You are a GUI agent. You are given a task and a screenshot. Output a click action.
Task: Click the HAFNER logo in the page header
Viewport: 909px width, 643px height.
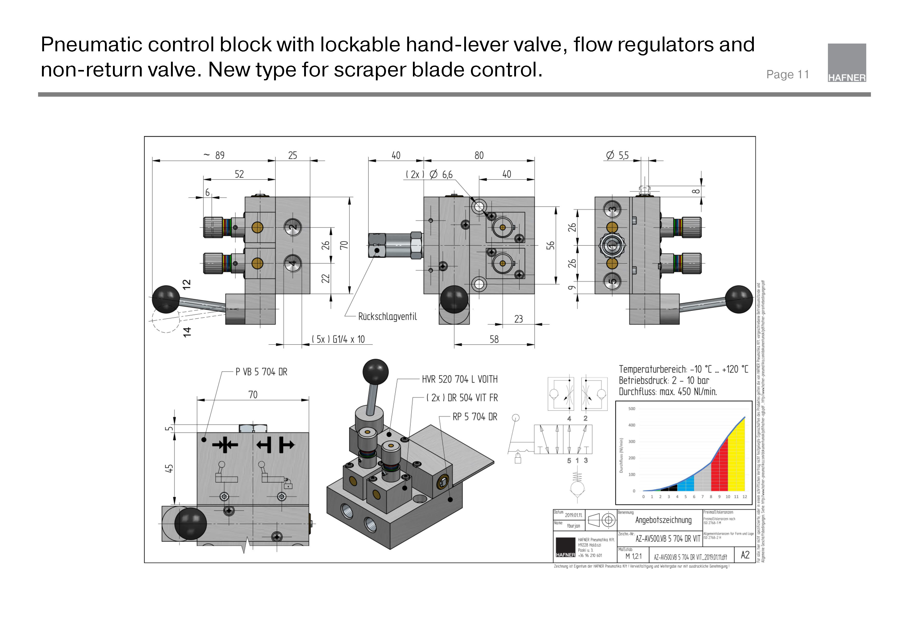click(847, 63)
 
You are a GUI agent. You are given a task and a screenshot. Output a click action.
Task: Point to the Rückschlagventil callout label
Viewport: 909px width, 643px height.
click(387, 316)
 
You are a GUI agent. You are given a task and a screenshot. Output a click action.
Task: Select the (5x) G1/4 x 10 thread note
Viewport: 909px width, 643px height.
click(338, 340)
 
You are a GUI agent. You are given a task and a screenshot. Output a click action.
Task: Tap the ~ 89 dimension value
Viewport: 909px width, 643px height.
click(214, 155)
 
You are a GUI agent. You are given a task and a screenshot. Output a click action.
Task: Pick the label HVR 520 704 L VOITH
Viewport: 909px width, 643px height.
click(459, 379)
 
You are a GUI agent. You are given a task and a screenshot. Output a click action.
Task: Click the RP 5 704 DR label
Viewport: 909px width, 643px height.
click(475, 417)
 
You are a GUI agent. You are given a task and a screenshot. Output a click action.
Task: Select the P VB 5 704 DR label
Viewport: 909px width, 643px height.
click(261, 372)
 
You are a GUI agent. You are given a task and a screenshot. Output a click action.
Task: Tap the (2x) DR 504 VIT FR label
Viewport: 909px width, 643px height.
click(462, 398)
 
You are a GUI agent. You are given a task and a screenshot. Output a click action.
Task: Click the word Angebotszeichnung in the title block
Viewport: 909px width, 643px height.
click(663, 520)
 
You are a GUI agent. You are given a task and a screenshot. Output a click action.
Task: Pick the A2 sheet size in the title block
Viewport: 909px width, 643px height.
click(745, 555)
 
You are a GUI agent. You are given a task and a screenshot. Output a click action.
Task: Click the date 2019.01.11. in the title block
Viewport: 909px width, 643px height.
click(573, 515)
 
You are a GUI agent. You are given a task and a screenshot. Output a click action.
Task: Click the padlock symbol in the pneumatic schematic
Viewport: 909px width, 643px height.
click(518, 459)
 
